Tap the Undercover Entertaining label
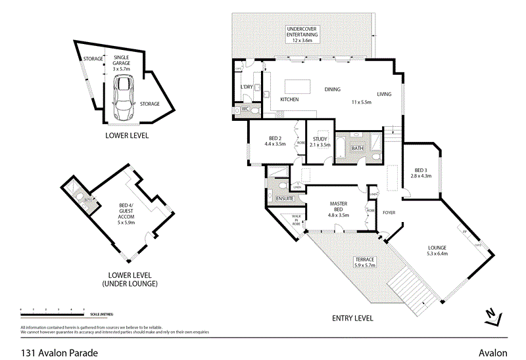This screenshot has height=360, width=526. click(x=302, y=35)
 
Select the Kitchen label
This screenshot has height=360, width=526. click(x=290, y=100)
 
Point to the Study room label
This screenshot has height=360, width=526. click(x=320, y=141)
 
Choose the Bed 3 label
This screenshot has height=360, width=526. click(x=420, y=173)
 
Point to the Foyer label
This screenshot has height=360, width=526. click(x=389, y=213)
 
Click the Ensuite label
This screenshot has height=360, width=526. click(x=285, y=198)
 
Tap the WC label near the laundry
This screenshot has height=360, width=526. click(x=244, y=108)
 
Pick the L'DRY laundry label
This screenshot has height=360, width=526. click(x=247, y=87)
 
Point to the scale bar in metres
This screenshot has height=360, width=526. click(x=53, y=310)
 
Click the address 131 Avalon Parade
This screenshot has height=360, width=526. click(x=59, y=353)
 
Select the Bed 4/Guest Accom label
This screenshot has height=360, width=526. click(x=125, y=214)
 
